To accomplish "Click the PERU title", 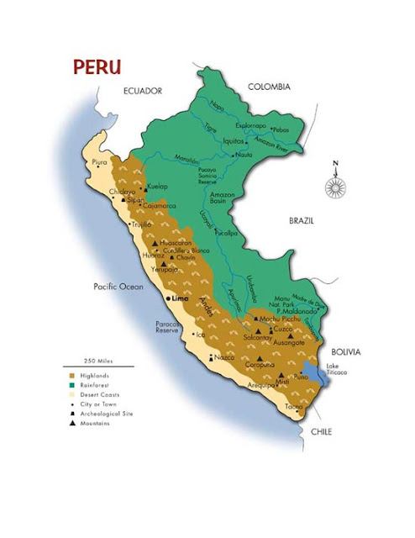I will [97, 67].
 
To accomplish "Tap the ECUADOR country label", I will [142, 90].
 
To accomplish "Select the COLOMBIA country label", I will [269, 87].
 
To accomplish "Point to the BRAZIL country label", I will [301, 220].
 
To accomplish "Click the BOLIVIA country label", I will [344, 351].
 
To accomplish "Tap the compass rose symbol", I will [335, 187].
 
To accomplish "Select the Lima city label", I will [180, 298].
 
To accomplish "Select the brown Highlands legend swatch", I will [72, 376].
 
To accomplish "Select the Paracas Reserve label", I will [169, 328].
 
